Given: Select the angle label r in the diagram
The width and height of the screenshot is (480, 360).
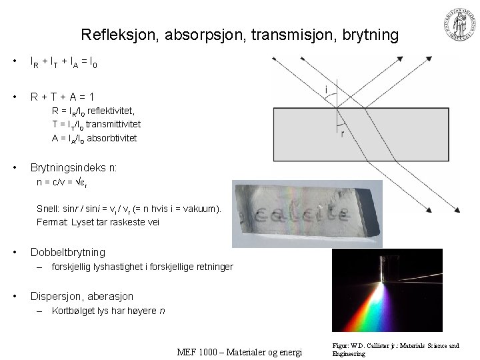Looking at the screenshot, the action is (342, 134).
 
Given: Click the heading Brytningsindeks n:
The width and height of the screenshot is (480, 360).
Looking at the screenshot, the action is (74, 168).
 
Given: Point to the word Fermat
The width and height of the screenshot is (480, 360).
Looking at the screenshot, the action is (50, 223).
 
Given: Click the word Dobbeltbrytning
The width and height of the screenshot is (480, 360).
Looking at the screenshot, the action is (68, 252).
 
